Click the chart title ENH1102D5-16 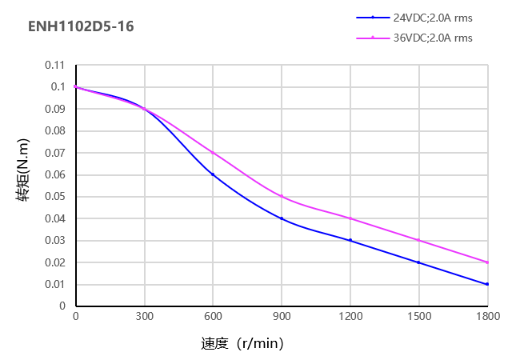81,26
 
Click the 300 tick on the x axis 144,317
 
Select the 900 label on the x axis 282,317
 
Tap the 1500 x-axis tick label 418,317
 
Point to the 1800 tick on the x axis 487,317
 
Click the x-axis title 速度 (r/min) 242,344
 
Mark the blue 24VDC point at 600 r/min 213,174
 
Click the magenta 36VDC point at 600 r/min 213,152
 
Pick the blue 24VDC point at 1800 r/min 487,284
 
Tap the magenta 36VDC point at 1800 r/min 487,262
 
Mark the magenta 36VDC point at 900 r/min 282,196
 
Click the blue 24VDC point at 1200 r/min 350,240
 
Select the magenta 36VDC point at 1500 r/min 418,240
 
